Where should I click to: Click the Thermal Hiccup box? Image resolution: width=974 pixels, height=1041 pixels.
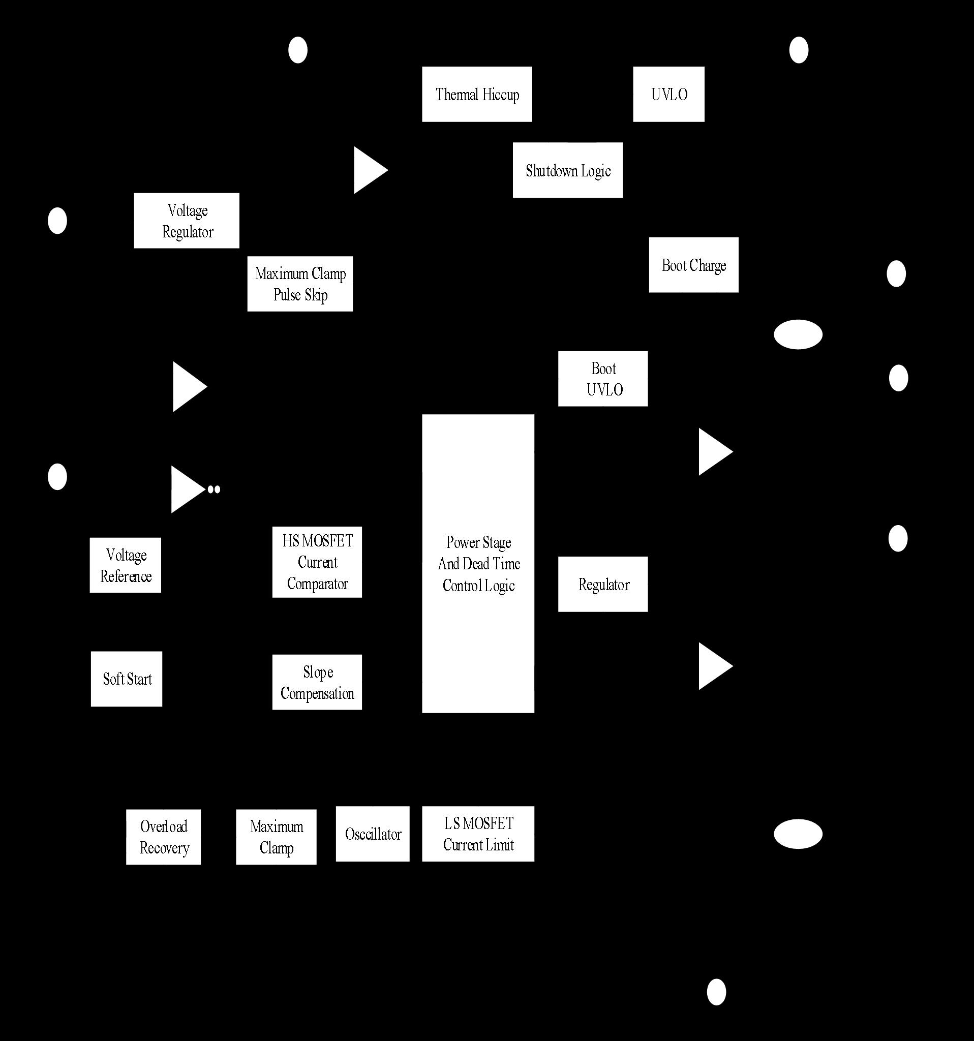tap(477, 94)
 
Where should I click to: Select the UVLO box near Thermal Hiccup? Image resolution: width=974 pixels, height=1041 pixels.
tap(668, 94)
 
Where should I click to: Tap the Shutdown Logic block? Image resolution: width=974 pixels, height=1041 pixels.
tap(568, 170)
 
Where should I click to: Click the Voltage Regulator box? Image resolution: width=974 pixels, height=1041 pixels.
tap(187, 221)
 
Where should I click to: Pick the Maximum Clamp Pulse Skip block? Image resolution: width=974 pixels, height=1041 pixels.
tap(300, 284)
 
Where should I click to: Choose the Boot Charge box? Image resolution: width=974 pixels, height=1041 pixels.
tap(694, 265)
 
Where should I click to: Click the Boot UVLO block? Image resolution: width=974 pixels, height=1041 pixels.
tap(603, 379)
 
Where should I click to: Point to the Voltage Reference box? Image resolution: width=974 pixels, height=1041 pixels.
tap(126, 565)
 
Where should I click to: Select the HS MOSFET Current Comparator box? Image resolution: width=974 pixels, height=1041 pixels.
tap(317, 562)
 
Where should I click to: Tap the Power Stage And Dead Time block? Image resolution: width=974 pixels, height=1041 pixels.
tap(478, 563)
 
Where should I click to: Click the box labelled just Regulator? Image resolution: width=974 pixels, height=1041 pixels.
tap(603, 585)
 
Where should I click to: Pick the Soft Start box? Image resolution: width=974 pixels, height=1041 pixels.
tap(127, 679)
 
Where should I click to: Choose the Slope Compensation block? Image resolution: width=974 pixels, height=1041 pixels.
tap(317, 682)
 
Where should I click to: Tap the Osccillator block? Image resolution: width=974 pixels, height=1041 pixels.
tap(373, 834)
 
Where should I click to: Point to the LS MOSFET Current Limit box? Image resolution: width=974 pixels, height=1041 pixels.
tap(478, 834)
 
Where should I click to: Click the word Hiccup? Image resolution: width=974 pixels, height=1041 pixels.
tap(501, 95)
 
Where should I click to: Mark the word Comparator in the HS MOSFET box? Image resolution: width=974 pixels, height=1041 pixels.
tap(317, 584)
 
